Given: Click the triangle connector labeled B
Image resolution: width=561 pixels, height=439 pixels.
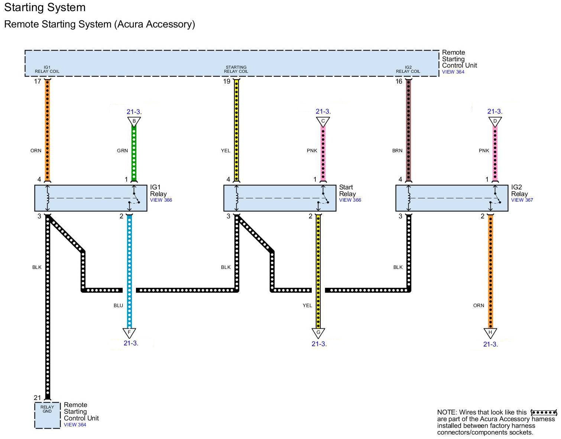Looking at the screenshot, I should pyautogui.click(x=134, y=121).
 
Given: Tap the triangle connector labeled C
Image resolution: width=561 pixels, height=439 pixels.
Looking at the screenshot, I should pyautogui.click(x=323, y=121).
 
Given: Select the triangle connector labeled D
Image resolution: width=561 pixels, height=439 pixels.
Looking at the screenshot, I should pyautogui.click(x=495, y=121).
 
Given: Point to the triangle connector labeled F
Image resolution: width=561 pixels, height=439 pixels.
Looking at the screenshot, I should pyautogui.click(x=129, y=332).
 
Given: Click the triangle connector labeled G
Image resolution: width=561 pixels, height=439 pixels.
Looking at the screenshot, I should pyautogui.click(x=318, y=332).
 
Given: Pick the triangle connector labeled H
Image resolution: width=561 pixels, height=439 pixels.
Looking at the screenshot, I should pyautogui.click(x=490, y=332).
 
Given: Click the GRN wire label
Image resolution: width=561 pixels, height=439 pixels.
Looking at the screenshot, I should pyautogui.click(x=122, y=151).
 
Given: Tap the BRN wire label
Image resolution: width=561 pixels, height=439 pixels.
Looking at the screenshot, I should pyautogui.click(x=397, y=151).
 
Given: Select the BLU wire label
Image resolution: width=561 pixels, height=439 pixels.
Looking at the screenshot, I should pyautogui.click(x=118, y=306).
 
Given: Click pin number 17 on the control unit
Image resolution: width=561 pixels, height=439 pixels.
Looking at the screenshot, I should pyautogui.click(x=37, y=81).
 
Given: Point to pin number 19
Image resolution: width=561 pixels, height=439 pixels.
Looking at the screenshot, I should pyautogui.click(x=227, y=81).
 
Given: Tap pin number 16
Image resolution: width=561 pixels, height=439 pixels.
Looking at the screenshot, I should pyautogui.click(x=399, y=81).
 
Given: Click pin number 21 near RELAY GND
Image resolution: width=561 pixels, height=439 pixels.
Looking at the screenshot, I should pyautogui.click(x=37, y=398).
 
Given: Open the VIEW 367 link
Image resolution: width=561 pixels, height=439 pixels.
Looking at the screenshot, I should pyautogui.click(x=522, y=200).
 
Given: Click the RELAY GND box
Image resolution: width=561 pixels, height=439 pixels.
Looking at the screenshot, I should pyautogui.click(x=47, y=415).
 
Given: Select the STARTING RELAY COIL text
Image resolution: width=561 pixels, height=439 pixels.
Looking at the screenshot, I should pyautogui.click(x=236, y=69).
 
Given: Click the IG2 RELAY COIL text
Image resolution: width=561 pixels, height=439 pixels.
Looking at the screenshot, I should pyautogui.click(x=408, y=69).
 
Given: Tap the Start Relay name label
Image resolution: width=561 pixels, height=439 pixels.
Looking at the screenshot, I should pyautogui.click(x=347, y=191).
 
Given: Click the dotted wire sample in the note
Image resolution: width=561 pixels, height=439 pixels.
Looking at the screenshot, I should pyautogui.click(x=544, y=412).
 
